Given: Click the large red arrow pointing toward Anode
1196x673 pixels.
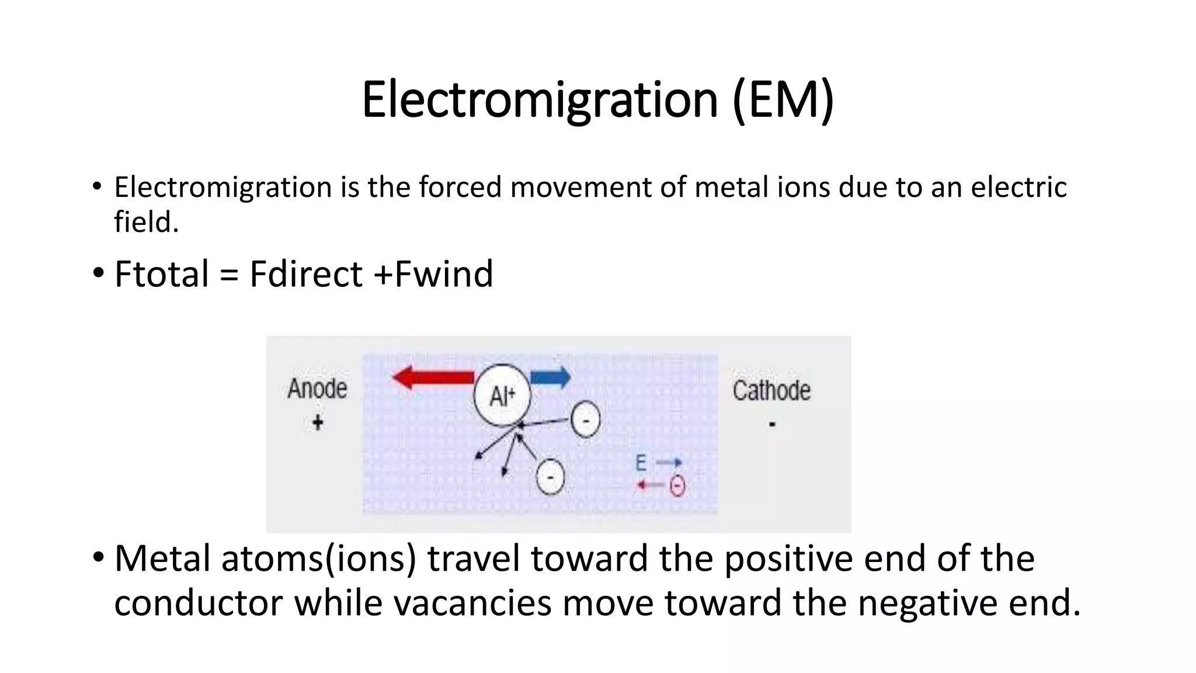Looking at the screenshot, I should pos(432,377).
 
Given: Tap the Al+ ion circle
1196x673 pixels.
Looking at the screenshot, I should pos(502,396).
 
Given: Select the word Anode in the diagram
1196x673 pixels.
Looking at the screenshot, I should pos(317,388).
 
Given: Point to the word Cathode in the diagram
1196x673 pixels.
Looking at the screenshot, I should pos(771,390).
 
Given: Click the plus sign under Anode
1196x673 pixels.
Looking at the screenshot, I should pos(318,422).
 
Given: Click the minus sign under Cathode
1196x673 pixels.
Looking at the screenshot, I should pos(772,424).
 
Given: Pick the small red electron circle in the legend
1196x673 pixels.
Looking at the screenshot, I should pos(677,485).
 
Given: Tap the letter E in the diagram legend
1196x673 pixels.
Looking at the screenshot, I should pos(641,463).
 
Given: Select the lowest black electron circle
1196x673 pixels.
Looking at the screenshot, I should pos(550,477).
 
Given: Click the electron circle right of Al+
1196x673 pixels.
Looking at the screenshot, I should pos(585,419).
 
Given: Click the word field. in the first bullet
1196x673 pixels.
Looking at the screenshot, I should pos(146,222).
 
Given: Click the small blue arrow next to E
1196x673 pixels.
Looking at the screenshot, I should pos(669,463).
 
